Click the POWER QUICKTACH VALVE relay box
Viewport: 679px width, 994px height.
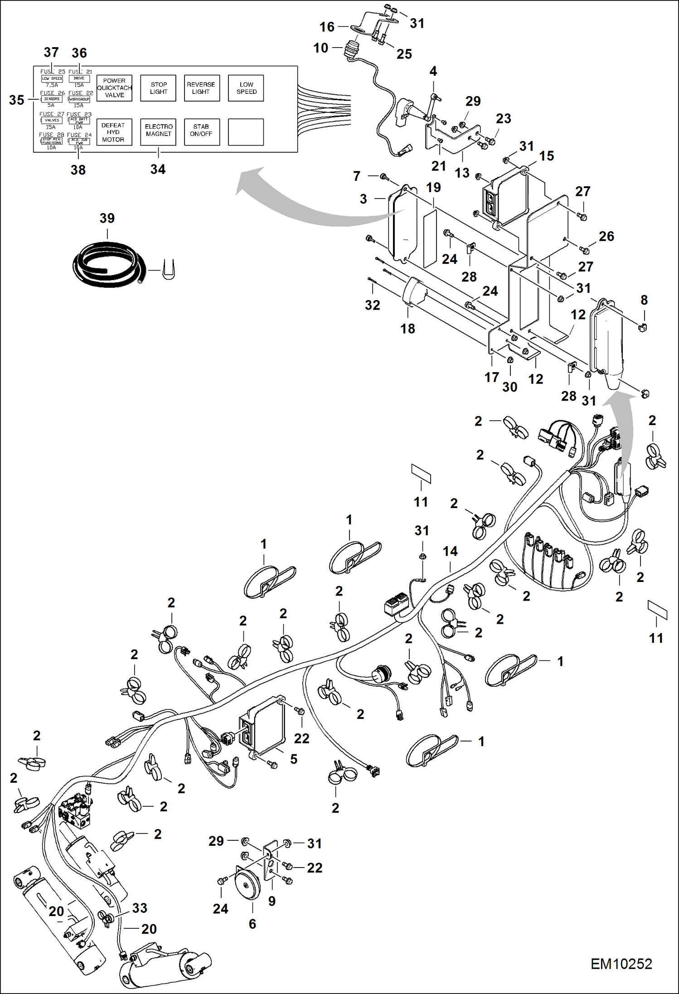click(114, 88)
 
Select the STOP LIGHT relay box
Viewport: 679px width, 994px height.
click(158, 88)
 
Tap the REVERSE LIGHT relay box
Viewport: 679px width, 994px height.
click(201, 88)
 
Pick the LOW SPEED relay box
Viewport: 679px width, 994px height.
click(246, 88)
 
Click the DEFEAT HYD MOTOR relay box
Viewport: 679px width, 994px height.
click(114, 132)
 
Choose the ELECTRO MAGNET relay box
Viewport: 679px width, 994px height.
click(158, 132)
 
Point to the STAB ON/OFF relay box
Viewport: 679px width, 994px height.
click(201, 132)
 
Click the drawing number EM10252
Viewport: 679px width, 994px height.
click(621, 964)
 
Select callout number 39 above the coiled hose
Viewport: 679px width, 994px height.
click(107, 218)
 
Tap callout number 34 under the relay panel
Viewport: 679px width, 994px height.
click(158, 170)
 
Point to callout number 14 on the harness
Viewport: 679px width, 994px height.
click(450, 551)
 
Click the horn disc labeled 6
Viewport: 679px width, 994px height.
click(247, 885)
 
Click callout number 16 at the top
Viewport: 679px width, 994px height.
click(327, 27)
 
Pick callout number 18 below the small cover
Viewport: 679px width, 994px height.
click(407, 329)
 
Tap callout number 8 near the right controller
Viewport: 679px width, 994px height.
click(644, 300)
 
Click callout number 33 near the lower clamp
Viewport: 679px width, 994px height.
click(140, 908)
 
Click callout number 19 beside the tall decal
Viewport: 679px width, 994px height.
click(433, 187)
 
